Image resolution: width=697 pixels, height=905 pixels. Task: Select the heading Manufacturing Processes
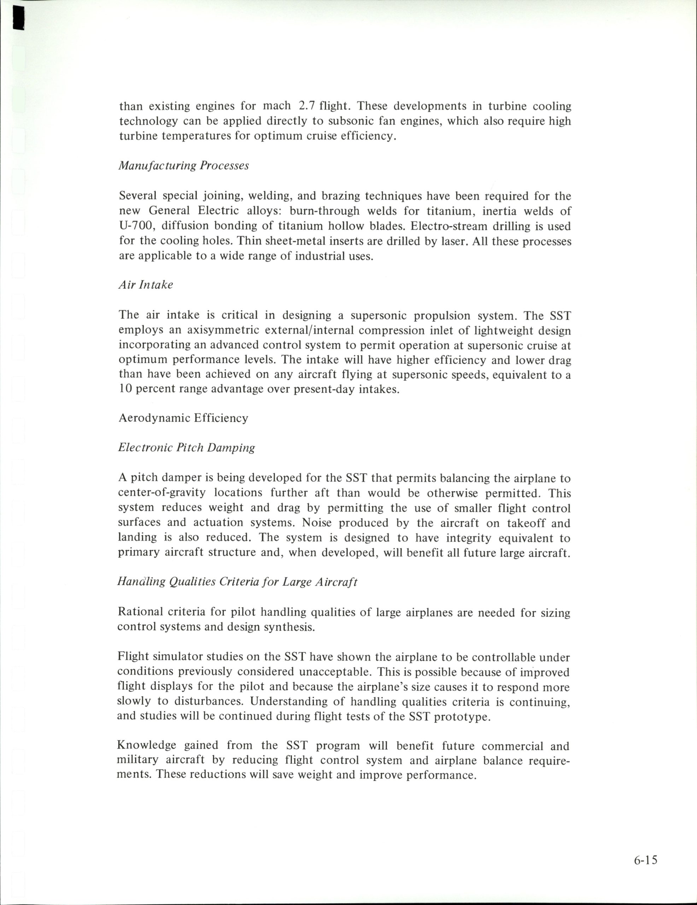click(183, 166)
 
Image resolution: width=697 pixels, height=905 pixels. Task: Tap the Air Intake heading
click(146, 285)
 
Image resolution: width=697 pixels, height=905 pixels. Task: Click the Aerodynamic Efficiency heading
click(183, 418)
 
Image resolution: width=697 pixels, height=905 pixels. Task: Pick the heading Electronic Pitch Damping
click(187, 448)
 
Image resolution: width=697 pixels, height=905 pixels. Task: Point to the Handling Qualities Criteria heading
click(237, 582)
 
